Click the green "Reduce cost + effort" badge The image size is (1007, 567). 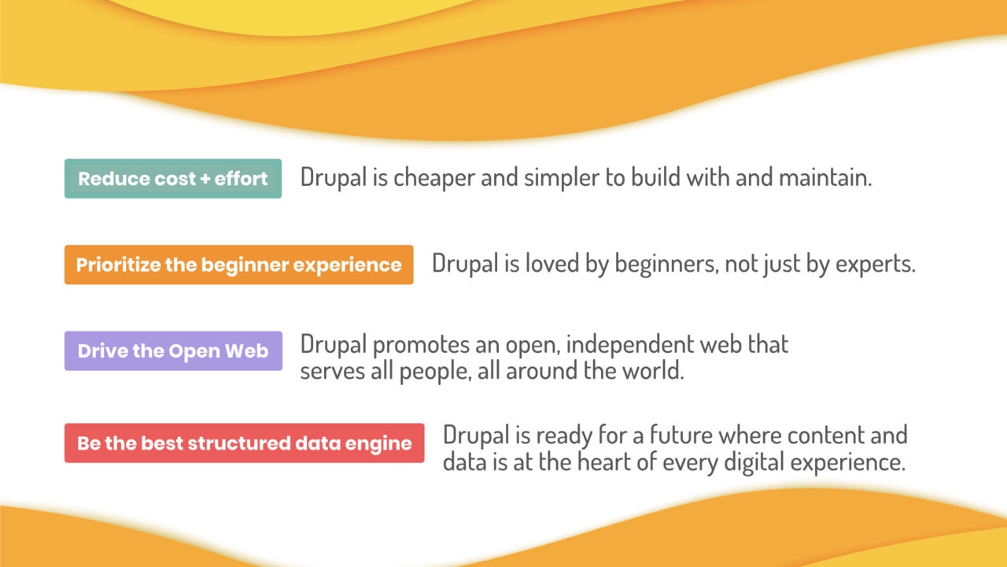tap(173, 179)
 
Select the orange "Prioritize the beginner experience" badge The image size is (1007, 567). tap(238, 265)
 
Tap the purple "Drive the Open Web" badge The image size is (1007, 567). tap(173, 350)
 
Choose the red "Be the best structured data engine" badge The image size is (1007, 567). tap(244, 443)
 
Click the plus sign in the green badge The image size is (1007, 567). tap(205, 179)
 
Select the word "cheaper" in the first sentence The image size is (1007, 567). tap(434, 177)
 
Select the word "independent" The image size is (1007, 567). tap(630, 345)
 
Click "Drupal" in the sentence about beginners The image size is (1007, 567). tap(465, 263)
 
